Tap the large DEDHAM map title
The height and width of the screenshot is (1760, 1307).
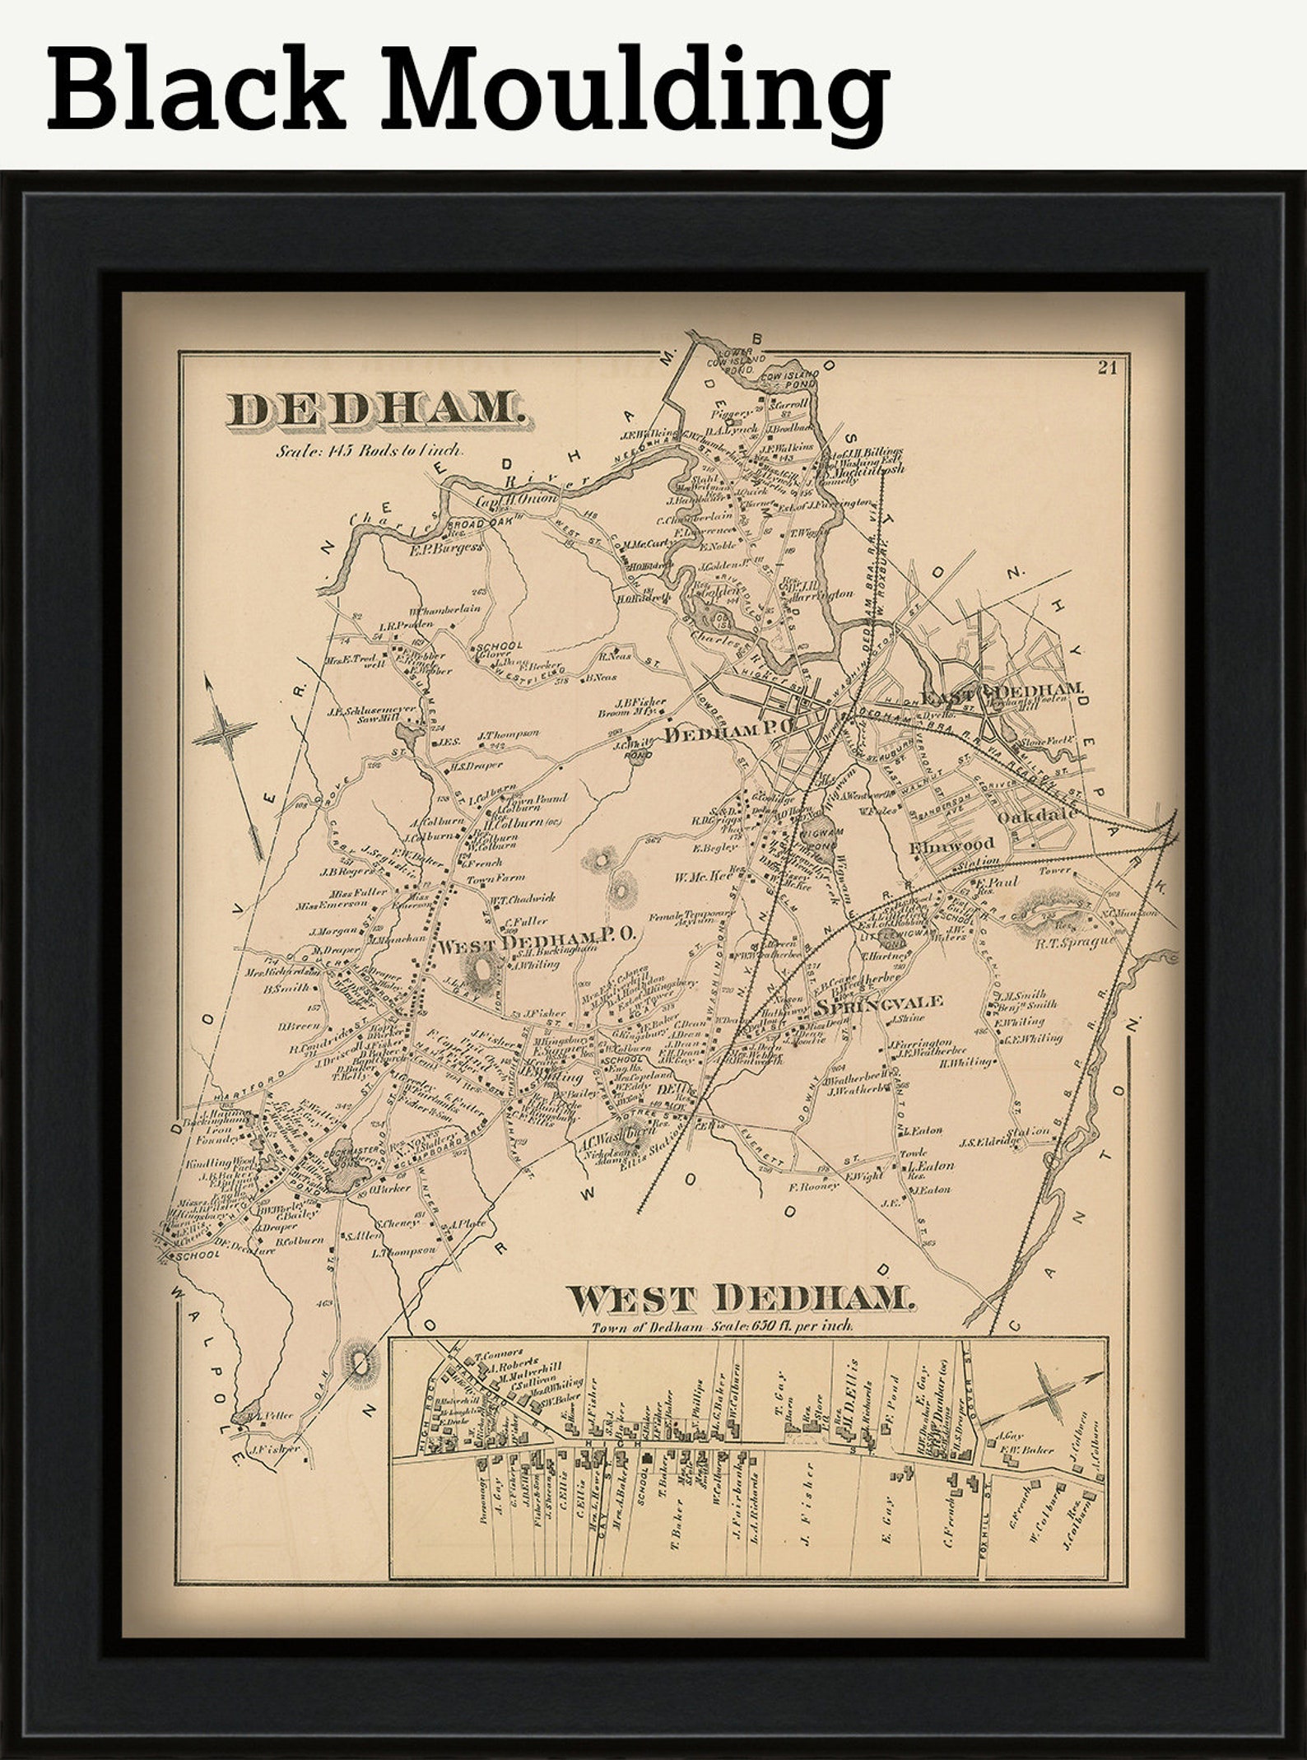pyautogui.click(x=374, y=409)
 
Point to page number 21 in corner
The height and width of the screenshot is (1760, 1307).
pyautogui.click(x=1107, y=367)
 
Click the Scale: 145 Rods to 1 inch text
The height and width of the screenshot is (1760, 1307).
pyautogui.click(x=370, y=450)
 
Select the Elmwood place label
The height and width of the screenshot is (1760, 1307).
pyautogui.click(x=952, y=844)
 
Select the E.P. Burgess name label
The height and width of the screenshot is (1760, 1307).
pyautogui.click(x=445, y=546)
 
